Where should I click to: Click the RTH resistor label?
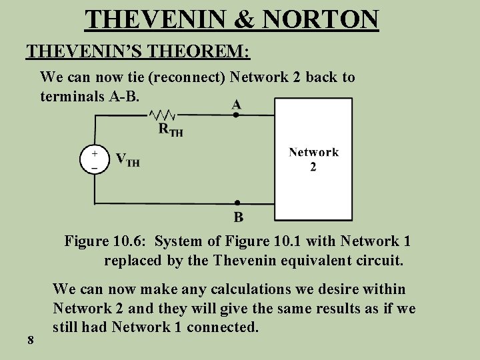click(x=171, y=130)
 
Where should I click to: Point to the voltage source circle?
click(x=94, y=160)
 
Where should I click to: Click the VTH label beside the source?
click(x=127, y=160)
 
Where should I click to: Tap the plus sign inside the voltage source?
click(x=94, y=153)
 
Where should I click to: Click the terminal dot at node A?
click(x=237, y=115)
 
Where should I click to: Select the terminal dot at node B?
click(x=237, y=203)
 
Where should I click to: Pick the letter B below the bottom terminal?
click(x=238, y=216)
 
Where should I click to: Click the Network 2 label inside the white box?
click(x=313, y=159)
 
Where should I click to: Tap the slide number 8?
click(x=31, y=341)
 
